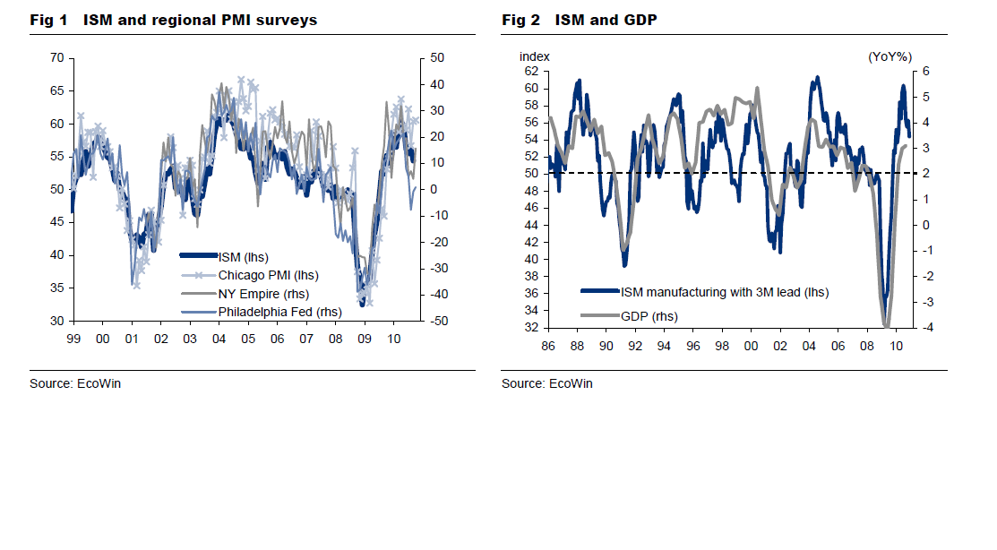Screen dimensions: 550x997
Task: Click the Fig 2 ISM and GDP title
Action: point(580,20)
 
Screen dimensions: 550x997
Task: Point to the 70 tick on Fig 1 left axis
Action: point(56,57)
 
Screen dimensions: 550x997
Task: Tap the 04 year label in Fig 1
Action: point(219,339)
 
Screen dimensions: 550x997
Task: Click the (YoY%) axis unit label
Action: point(890,56)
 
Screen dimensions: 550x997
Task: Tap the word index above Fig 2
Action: point(535,56)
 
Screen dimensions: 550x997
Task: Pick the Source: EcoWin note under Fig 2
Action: point(546,383)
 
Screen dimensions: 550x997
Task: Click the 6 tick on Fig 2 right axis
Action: point(927,71)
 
